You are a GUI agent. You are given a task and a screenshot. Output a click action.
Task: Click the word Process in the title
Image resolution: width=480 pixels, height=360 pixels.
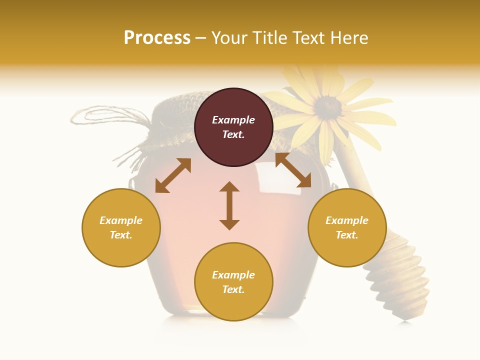(x=157, y=38)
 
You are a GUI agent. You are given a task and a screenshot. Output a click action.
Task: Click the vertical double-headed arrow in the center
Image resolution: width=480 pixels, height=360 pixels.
(x=229, y=205)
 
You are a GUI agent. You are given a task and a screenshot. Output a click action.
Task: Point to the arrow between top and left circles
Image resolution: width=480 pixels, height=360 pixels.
(x=173, y=175)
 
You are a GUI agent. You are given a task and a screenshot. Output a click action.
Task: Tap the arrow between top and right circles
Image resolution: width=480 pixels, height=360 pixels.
(x=293, y=170)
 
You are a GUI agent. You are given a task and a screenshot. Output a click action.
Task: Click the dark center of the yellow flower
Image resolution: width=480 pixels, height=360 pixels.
(x=327, y=105)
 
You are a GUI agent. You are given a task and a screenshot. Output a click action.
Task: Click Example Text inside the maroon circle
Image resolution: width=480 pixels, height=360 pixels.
(x=233, y=127)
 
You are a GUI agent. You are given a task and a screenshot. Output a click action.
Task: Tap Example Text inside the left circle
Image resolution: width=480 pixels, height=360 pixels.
(x=121, y=227)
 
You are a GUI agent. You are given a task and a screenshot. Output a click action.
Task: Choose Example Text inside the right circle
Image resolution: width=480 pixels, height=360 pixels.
(x=347, y=227)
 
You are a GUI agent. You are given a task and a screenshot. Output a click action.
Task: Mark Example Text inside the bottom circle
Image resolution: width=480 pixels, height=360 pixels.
(x=233, y=282)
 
